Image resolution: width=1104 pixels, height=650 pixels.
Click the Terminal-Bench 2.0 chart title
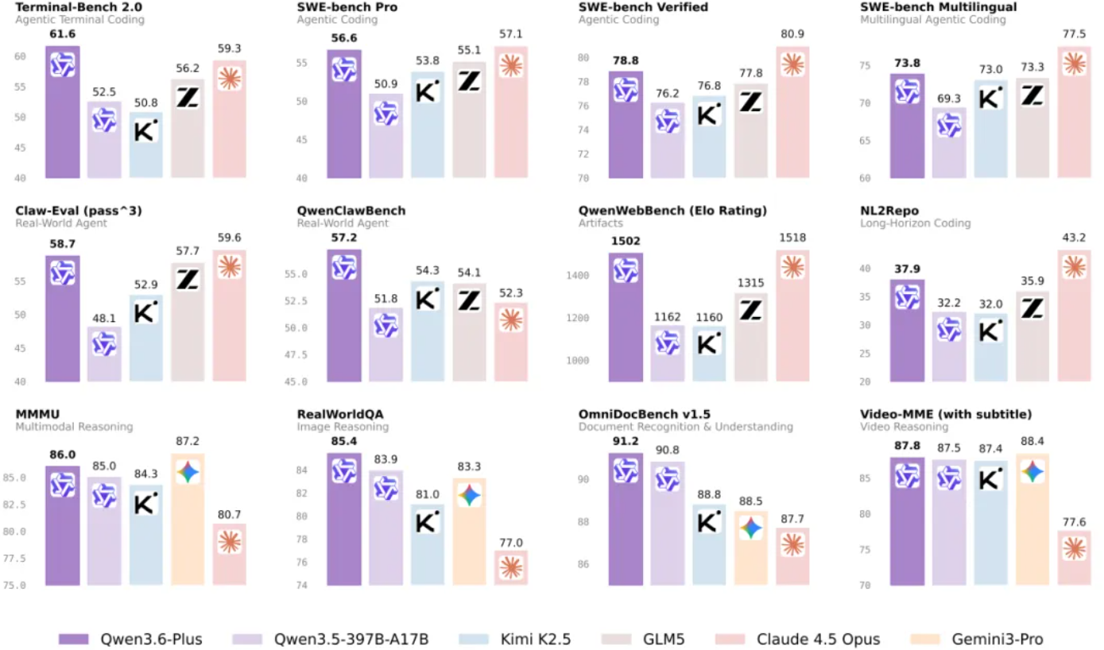[68, 7]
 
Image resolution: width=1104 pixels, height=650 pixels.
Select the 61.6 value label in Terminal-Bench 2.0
[62, 35]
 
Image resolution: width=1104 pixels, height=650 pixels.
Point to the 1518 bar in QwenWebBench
[792, 318]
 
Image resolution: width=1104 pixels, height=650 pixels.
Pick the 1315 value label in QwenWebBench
[750, 284]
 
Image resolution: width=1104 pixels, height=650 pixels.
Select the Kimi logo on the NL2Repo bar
[990, 329]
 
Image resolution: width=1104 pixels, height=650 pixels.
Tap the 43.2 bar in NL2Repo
[1074, 318]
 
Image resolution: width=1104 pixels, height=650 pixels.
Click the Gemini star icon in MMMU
[188, 472]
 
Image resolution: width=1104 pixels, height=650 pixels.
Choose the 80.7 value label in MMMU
[230, 514]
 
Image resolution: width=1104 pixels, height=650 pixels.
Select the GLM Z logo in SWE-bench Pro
[469, 80]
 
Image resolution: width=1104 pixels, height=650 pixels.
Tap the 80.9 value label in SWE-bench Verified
[792, 36]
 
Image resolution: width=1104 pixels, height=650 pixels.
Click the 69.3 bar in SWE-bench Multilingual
[949, 143]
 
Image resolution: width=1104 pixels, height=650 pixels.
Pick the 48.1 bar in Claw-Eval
[104, 354]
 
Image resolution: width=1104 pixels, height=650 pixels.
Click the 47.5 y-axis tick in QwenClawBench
[296, 354]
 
